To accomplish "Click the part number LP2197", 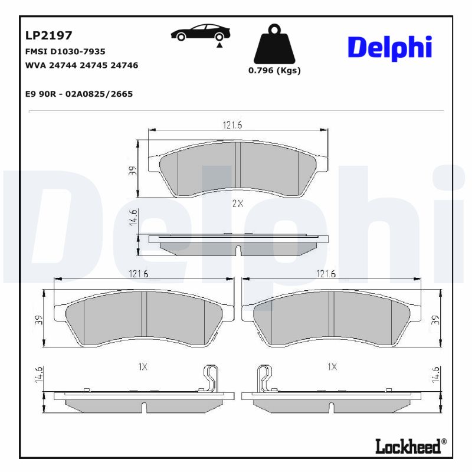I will click(x=49, y=37).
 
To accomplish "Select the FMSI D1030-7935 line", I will click(x=65, y=52).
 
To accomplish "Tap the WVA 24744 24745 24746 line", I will click(x=82, y=65).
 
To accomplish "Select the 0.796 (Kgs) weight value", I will click(x=274, y=70).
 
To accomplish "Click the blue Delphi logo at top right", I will click(x=389, y=47).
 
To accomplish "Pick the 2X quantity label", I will click(x=237, y=204).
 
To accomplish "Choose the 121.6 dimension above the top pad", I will click(x=232, y=124).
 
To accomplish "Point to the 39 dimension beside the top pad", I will click(x=133, y=171).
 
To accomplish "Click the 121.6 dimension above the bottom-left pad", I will click(x=138, y=273).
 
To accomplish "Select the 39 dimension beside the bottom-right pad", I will click(x=435, y=320).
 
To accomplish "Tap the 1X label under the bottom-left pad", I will click(x=142, y=366).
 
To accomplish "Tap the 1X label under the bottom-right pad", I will click(x=332, y=366).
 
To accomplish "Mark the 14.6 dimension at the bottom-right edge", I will click(x=435, y=375).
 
